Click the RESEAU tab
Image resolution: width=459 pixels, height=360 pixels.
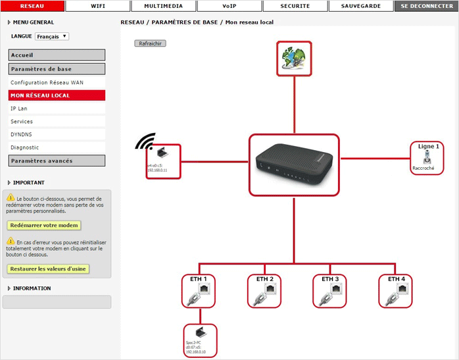32,6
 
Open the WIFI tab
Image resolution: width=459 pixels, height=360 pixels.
97,6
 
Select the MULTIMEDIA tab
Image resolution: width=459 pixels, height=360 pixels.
163,6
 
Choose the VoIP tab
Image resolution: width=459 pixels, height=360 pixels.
229,6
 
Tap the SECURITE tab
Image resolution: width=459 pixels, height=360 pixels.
295,6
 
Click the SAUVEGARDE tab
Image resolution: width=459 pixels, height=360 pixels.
360,6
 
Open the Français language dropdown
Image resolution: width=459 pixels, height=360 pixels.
52,37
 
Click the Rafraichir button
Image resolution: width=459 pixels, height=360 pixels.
151,43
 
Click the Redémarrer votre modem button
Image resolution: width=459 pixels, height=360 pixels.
44,225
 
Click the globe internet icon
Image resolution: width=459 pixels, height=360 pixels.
293,59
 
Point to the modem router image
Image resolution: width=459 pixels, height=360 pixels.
293,166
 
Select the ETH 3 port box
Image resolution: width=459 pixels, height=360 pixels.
330,290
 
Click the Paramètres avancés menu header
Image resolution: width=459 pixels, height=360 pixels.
57,161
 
